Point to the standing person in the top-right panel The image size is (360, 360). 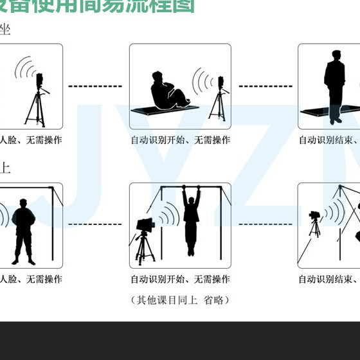[x=334, y=84]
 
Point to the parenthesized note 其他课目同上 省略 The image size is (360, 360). [x=180, y=300]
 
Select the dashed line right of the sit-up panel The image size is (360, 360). [x=264, y=85]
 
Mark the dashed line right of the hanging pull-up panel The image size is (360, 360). [x=264, y=225]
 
